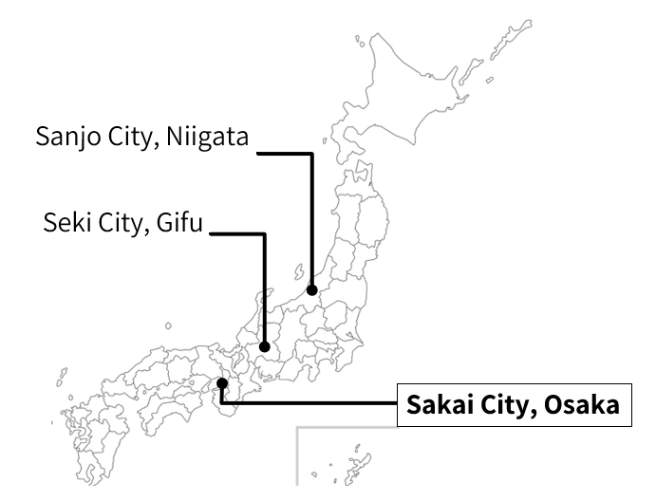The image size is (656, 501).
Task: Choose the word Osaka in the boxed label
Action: click(x=580, y=405)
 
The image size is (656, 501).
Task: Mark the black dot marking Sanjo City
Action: click(x=311, y=289)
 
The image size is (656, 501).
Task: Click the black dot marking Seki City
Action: click(x=265, y=346)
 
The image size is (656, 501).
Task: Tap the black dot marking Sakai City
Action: click(x=221, y=383)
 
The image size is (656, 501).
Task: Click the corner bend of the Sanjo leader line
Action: click(x=311, y=153)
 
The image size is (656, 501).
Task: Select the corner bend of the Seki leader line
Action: click(x=265, y=233)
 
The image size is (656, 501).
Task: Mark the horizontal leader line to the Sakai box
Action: click(x=313, y=404)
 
